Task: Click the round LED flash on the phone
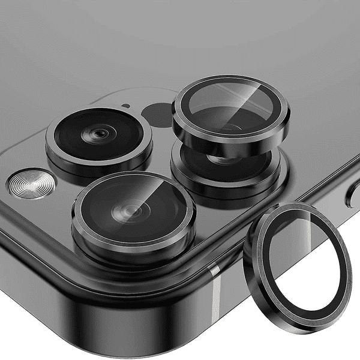coord(30,184)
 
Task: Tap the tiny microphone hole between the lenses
coord(125,106)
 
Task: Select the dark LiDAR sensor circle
coord(158,114)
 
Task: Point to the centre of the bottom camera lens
coord(132,211)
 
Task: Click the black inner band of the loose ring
coord(265,240)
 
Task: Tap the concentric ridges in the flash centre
coord(30,184)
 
